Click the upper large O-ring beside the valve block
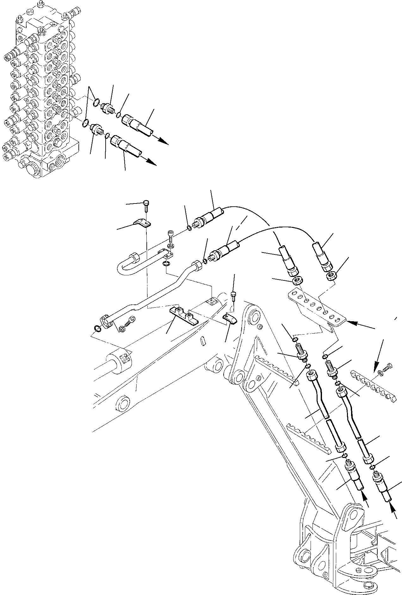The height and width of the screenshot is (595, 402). (97, 102)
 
